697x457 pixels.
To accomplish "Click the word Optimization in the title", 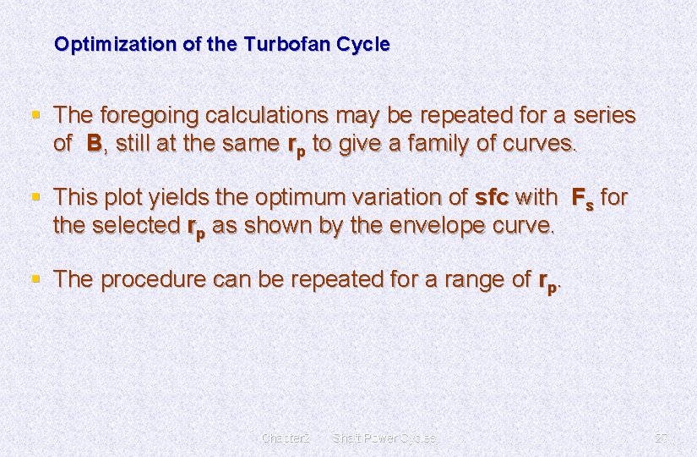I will tap(106, 44).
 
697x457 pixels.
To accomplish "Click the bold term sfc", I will tap(492, 197).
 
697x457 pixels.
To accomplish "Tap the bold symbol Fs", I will tap(583, 199).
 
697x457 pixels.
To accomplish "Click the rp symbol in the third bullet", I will tap(547, 282).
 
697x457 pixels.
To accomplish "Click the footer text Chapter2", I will tap(286, 438).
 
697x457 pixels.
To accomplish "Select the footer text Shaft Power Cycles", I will tap(384, 438).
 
